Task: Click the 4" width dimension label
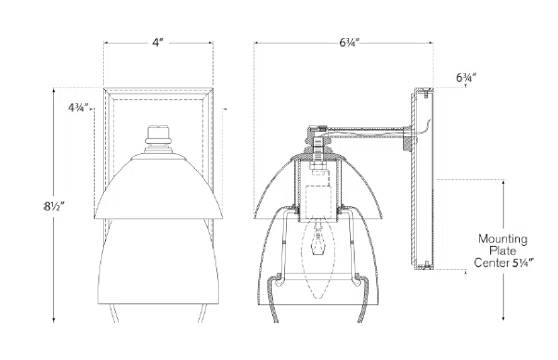[x=157, y=43]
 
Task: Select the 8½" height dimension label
[x=54, y=206]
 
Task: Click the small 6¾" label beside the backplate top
[x=466, y=78]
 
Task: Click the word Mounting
[x=502, y=238]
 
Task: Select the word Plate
[x=502, y=251]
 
